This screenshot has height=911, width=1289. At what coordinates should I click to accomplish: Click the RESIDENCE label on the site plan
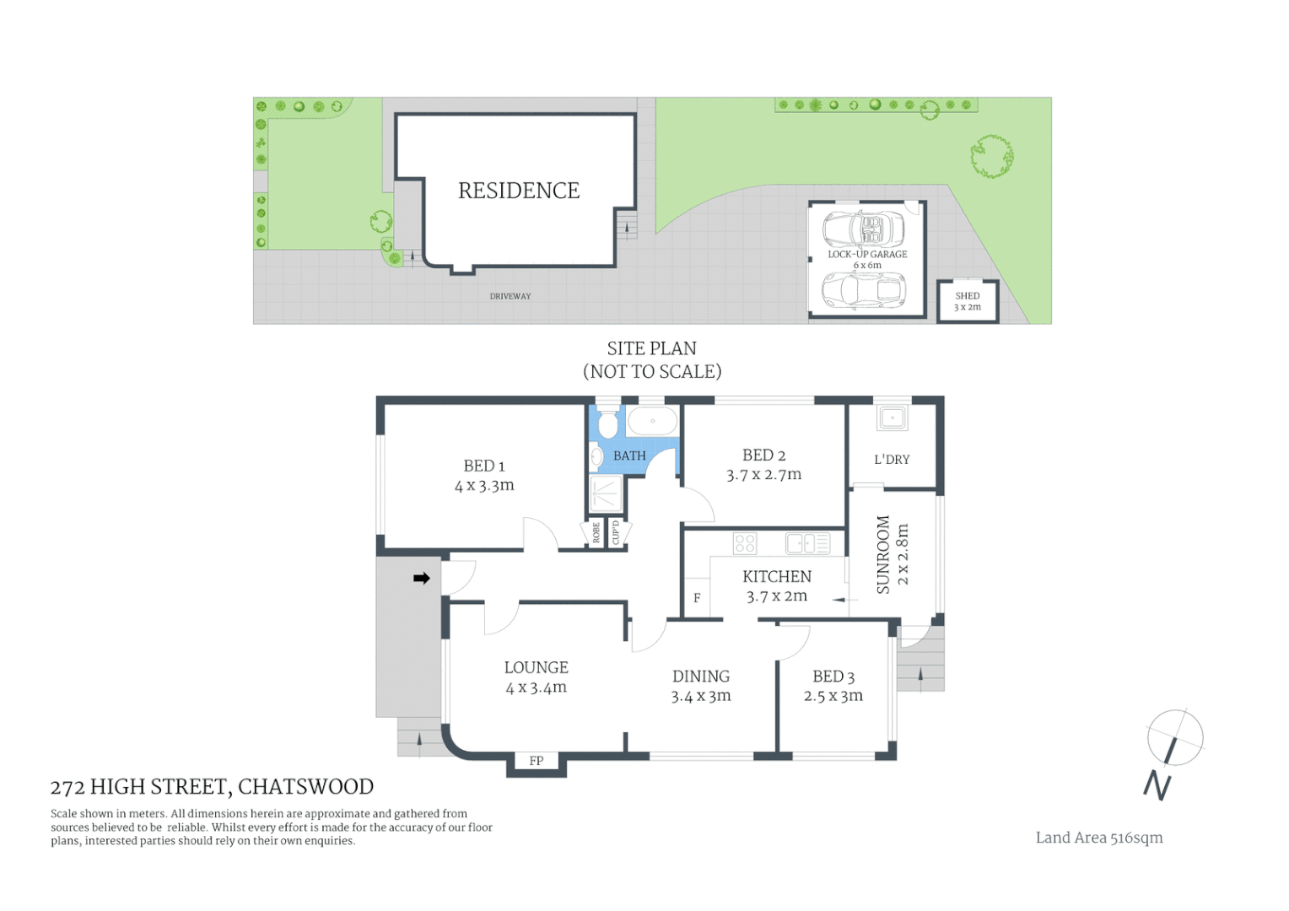pos(518,191)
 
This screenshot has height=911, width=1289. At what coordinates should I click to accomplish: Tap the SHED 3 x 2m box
pos(968,301)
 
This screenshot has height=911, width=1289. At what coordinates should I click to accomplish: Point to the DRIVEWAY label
pos(510,296)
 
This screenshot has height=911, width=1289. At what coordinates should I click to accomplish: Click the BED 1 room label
pos(484,466)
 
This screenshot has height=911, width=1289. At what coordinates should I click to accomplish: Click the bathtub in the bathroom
pos(652,421)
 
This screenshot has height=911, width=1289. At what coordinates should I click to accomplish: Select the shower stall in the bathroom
pos(606,493)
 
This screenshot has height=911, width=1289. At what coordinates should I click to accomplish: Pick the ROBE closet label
pos(596,532)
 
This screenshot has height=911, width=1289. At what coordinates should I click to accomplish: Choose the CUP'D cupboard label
pos(616,532)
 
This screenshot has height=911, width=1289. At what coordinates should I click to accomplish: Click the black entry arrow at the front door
pos(422,578)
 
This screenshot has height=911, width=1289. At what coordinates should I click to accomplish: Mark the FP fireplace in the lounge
pos(537,761)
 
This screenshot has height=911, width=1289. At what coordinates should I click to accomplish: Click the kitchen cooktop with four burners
pos(745,543)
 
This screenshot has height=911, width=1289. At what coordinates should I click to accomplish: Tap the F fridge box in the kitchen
pos(697,598)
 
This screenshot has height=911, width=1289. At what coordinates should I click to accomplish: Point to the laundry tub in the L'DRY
pos(892,418)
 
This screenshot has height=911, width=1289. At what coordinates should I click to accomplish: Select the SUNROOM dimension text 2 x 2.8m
pos(903,554)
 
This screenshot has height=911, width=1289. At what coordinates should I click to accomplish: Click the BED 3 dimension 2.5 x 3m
pos(833,696)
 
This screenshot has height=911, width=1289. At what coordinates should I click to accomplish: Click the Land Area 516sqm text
pos(1099,838)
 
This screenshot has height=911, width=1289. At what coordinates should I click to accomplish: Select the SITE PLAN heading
pos(651,348)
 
